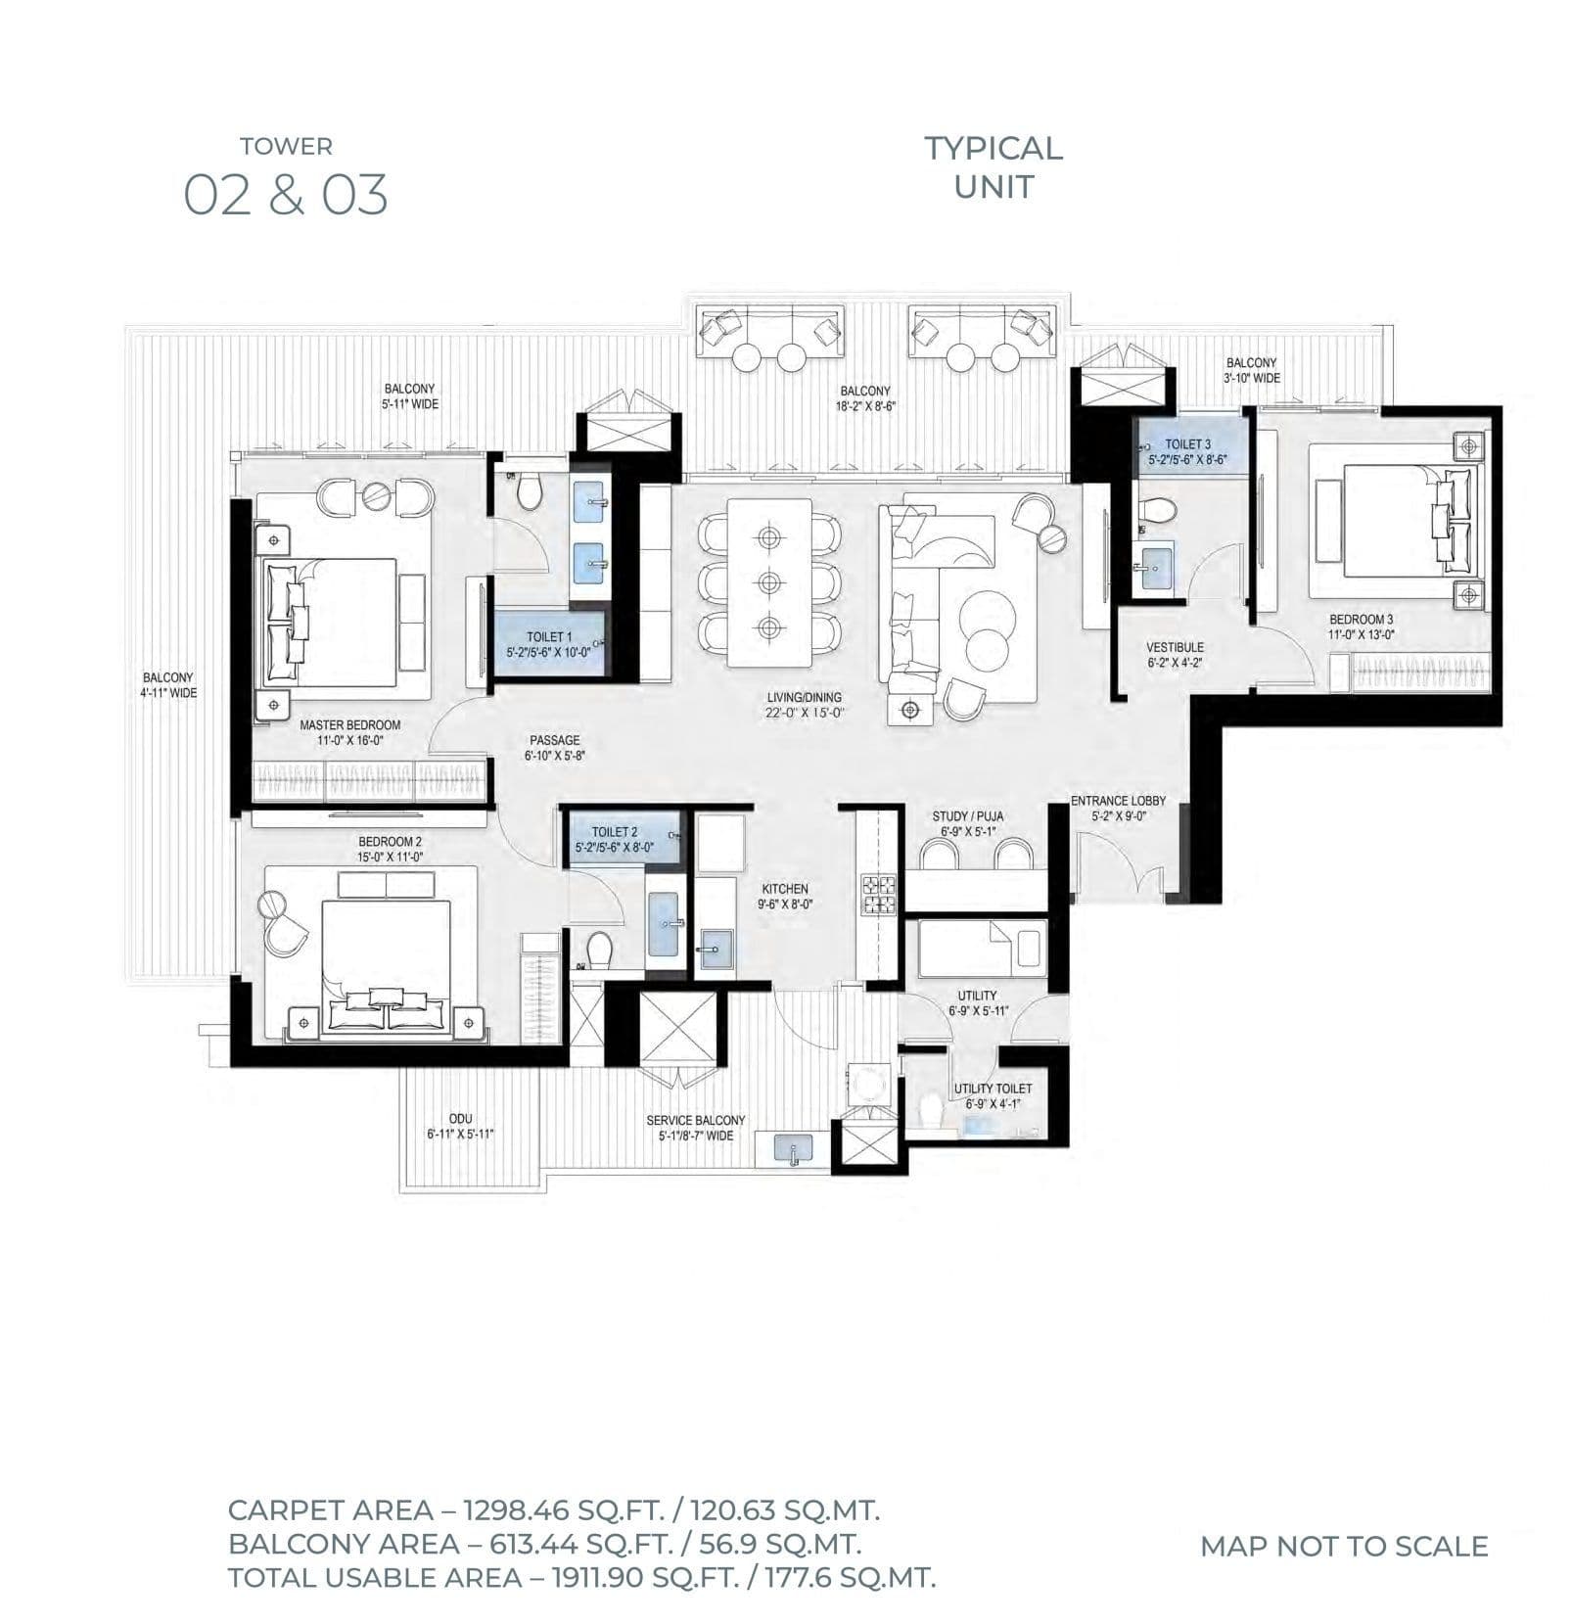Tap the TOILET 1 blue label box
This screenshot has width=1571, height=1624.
pyautogui.click(x=548, y=643)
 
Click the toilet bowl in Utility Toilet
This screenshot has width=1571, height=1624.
pyautogui.click(x=931, y=1110)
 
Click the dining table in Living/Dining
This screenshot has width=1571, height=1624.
pyautogui.click(x=769, y=581)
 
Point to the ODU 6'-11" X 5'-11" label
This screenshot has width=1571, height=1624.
pyautogui.click(x=460, y=1127)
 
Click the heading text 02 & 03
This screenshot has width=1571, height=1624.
pyautogui.click(x=286, y=195)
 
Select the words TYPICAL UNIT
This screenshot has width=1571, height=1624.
pyautogui.click(x=993, y=166)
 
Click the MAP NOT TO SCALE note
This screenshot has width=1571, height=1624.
pyautogui.click(x=1343, y=1546)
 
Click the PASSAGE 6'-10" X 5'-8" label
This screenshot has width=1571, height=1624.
pyautogui.click(x=555, y=748)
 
